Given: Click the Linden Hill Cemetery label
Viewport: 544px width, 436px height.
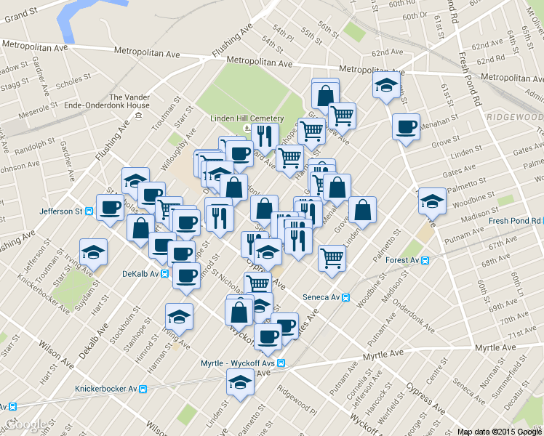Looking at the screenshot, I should pyautogui.click(x=247, y=118).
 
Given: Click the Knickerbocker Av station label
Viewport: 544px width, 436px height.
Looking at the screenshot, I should pyautogui.click(x=106, y=389).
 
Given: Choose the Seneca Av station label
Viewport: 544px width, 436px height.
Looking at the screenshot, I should pyautogui.click(x=321, y=297).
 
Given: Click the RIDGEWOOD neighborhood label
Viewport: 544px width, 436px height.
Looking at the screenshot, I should pyautogui.click(x=513, y=118).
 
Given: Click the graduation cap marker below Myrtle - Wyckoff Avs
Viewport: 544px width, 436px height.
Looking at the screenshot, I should pyautogui.click(x=240, y=380).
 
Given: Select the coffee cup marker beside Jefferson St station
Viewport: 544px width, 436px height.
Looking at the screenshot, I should pyautogui.click(x=111, y=208).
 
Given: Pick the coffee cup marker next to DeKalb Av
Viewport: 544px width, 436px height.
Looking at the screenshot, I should pyautogui.click(x=185, y=275).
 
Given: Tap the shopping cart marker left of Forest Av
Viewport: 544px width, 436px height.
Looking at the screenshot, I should pyautogui.click(x=332, y=257).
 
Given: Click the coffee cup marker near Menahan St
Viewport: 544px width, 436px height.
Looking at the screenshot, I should pyautogui.click(x=406, y=126).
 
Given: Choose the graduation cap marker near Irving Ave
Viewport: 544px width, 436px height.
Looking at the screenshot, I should pyautogui.click(x=179, y=317).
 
